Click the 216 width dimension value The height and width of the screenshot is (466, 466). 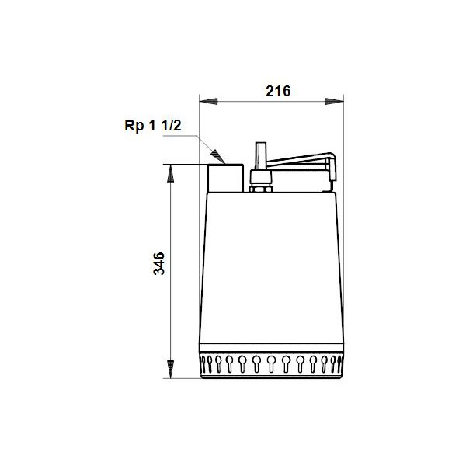pos(278,91)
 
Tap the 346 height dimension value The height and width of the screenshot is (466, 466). pos(158,263)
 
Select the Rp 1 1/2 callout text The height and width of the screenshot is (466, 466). pos(153,125)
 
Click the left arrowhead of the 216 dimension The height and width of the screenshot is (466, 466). pos(209,101)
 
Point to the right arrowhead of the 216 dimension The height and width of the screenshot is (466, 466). pos(334,101)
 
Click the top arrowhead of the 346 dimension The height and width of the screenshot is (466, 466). pos(171,173)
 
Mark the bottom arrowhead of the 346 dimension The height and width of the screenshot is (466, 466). pos(171,370)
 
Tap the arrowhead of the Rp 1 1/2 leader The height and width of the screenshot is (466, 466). pos(218,157)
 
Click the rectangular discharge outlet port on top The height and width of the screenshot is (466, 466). pos(226,178)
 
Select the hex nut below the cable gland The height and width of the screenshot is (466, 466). pos(261,189)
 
